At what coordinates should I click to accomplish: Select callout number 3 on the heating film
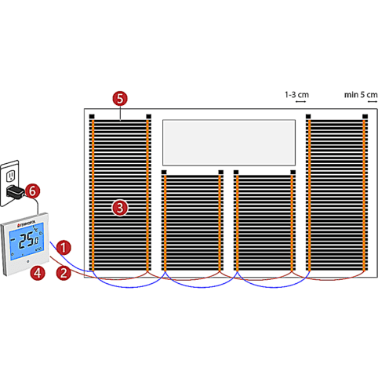(x=119, y=207)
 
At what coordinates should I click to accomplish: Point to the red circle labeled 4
(x=36, y=273)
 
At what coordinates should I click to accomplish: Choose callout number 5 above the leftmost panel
(x=119, y=99)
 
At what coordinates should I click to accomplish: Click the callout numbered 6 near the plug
(x=31, y=191)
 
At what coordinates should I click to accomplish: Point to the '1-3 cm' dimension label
(x=296, y=94)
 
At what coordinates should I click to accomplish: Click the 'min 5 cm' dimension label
(x=360, y=94)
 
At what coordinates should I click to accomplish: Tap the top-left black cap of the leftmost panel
(x=92, y=118)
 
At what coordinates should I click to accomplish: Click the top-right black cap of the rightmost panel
(x=365, y=118)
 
